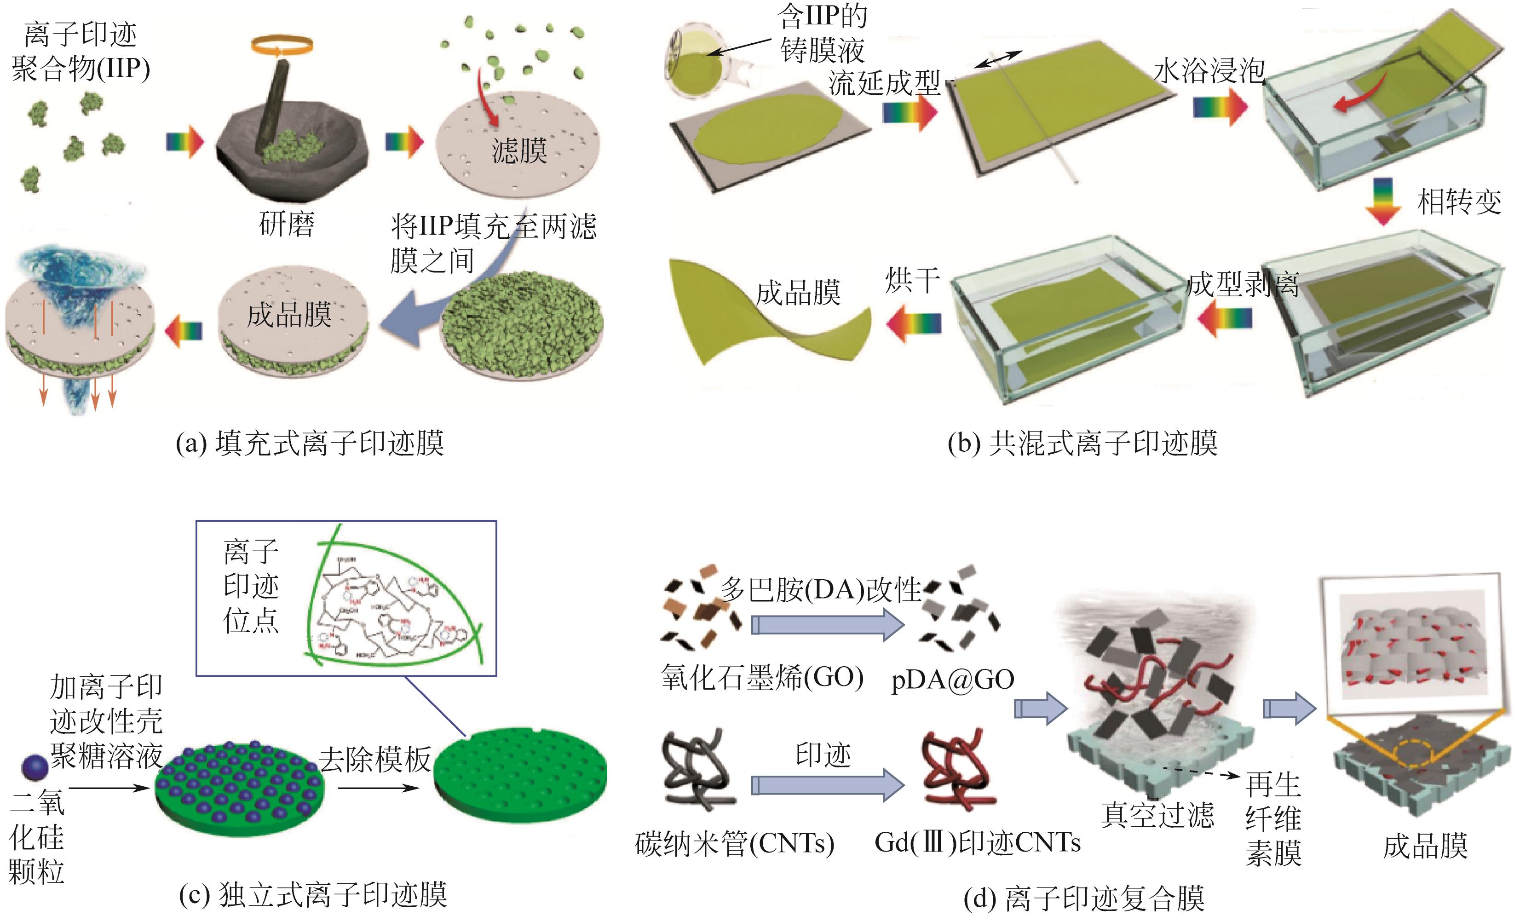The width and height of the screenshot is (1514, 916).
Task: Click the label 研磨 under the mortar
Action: [x=287, y=224]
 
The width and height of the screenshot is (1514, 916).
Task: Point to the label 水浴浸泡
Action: [x=1209, y=71]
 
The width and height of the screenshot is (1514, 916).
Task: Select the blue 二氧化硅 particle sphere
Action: [x=35, y=767]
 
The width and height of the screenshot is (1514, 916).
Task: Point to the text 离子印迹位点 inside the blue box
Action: [x=251, y=586]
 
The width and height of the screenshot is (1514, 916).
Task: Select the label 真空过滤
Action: [x=1157, y=815]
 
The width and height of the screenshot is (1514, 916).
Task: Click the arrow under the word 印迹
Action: [x=827, y=785]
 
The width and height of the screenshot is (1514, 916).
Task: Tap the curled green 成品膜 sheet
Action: [x=768, y=313]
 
